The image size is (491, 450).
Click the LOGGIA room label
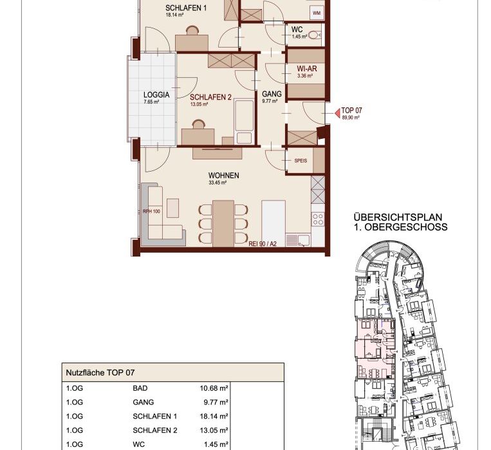156,94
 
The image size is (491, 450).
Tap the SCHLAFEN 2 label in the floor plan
210,97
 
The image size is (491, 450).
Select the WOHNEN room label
223,175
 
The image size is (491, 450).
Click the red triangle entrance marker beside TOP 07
338,113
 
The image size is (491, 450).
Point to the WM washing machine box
317,14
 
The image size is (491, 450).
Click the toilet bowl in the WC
315,35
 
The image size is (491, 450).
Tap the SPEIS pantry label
301,161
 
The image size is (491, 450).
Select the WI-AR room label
307,69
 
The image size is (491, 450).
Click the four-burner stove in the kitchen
318,219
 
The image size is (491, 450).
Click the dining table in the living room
223,223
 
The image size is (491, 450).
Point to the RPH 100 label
151,212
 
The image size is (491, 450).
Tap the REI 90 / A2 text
263,244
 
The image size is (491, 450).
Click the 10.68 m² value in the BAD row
214,388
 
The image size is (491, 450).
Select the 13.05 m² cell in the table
214,430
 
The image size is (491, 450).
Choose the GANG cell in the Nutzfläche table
143,402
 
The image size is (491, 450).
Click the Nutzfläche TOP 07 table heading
100,372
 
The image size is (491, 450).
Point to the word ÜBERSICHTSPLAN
398,217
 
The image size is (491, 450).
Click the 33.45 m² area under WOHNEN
218,183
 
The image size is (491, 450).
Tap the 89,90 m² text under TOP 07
350,118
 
